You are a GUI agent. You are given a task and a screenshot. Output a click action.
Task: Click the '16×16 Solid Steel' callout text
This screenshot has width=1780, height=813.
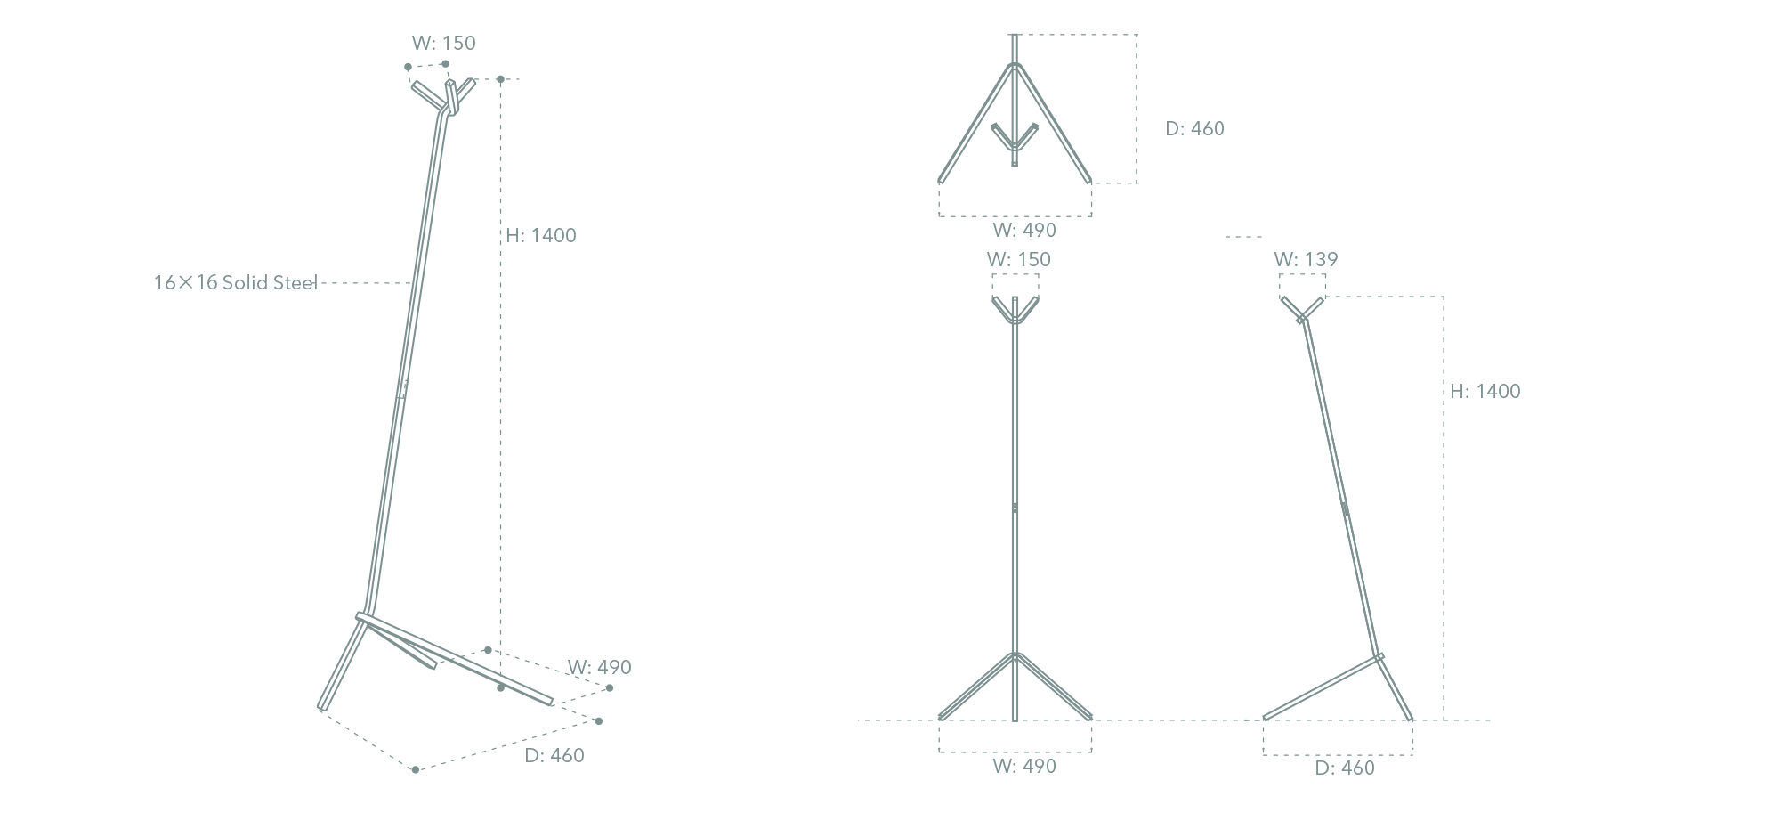pyautogui.click(x=236, y=283)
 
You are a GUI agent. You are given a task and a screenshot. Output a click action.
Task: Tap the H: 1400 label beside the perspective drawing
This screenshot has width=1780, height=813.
pyautogui.click(x=541, y=236)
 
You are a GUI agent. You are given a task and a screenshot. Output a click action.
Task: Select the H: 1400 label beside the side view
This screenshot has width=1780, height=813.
pyautogui.click(x=1485, y=392)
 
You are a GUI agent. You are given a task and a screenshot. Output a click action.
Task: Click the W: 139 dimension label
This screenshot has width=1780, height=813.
pyautogui.click(x=1306, y=260)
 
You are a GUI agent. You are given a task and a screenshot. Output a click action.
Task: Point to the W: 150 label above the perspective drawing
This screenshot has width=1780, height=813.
pyautogui.click(x=443, y=44)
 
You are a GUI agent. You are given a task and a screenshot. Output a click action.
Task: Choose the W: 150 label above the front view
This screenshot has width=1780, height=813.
pyautogui.click(x=1018, y=260)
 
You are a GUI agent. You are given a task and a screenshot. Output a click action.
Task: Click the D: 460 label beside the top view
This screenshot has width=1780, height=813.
pyautogui.click(x=1194, y=129)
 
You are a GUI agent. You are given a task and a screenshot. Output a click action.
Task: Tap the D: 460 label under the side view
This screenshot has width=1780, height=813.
pyautogui.click(x=1345, y=768)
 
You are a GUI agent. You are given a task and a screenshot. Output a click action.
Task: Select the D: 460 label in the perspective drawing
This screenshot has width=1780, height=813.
pyautogui.click(x=554, y=756)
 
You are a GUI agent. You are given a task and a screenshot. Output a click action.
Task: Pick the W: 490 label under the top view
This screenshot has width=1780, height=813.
pyautogui.click(x=1024, y=231)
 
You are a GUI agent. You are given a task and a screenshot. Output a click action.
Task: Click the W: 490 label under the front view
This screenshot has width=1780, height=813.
pyautogui.click(x=1024, y=767)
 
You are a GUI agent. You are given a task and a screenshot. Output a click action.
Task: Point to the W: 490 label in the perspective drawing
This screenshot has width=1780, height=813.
pyautogui.click(x=600, y=668)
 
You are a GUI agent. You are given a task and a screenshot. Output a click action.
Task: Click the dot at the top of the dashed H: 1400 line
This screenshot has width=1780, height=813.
pyautogui.click(x=501, y=80)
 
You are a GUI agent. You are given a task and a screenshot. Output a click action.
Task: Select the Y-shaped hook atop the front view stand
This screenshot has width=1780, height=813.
pyautogui.click(x=1015, y=310)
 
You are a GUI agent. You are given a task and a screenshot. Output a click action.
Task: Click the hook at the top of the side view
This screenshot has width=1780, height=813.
pyautogui.click(x=1302, y=309)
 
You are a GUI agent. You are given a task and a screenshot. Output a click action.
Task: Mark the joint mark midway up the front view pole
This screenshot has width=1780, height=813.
pyautogui.click(x=1015, y=508)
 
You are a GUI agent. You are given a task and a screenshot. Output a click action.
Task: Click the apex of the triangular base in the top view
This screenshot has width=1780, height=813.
pyautogui.click(x=1015, y=65)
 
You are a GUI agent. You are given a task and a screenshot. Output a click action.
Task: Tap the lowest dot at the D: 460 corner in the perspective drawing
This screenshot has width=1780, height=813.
pyautogui.click(x=416, y=769)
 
